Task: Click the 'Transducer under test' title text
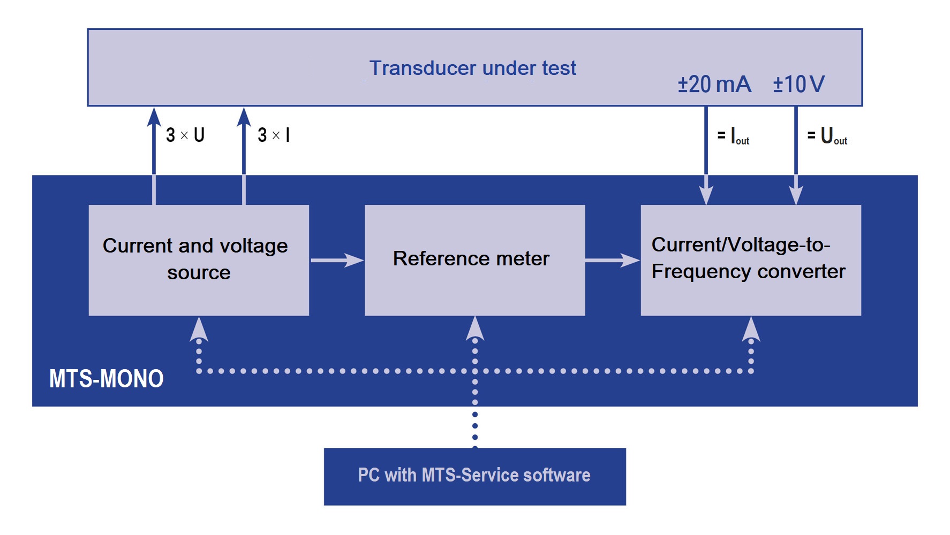pyautogui.click(x=472, y=68)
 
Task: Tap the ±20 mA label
pyautogui.click(x=714, y=85)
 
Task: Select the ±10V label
pyautogui.click(x=798, y=85)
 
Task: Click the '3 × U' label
pyautogui.click(x=185, y=135)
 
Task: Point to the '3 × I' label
pyautogui.click(x=274, y=135)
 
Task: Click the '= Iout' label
pyautogui.click(x=733, y=136)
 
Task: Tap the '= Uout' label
pyautogui.click(x=827, y=136)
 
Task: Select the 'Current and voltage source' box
pyautogui.click(x=199, y=260)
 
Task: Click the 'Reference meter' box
pyautogui.click(x=474, y=260)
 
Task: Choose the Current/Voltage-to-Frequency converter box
pyautogui.click(x=751, y=260)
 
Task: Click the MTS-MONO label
pyautogui.click(x=106, y=379)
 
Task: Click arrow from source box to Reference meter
pyautogui.click(x=337, y=261)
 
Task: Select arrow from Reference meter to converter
pyautogui.click(x=613, y=261)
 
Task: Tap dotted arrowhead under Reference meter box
pyautogui.click(x=475, y=328)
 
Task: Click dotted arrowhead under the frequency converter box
pyautogui.click(x=751, y=329)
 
